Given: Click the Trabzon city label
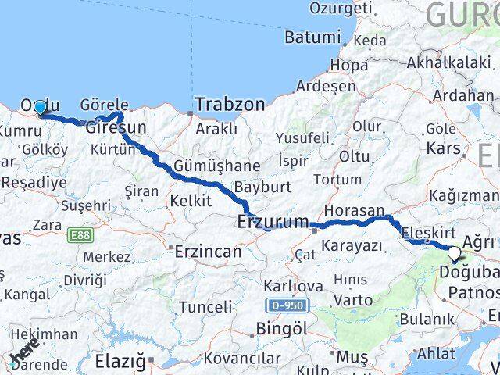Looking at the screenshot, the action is tap(230, 104).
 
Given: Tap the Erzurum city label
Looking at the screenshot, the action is tap(273, 223).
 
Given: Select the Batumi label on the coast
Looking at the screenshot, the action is tap(312, 37).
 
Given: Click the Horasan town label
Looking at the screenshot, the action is tap(354, 210).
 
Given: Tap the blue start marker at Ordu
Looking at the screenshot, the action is tap(40, 108).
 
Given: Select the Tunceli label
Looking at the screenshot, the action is tap(205, 307).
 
